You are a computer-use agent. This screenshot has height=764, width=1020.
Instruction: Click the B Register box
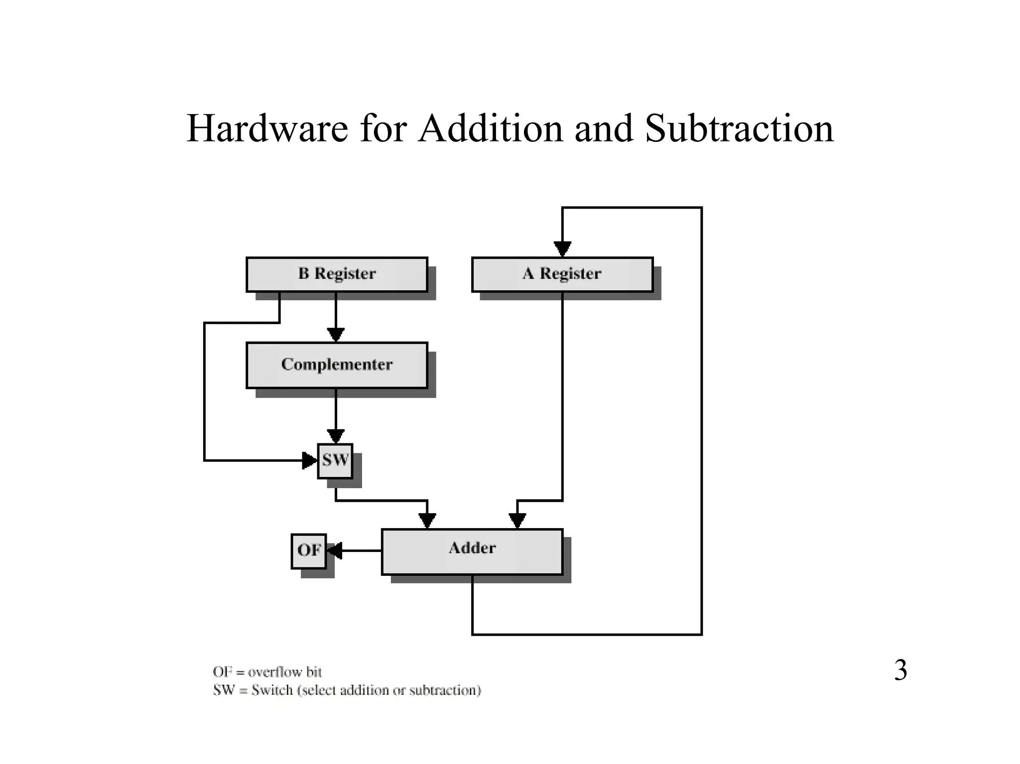[337, 274]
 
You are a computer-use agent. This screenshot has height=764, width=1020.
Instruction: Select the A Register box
[562, 274]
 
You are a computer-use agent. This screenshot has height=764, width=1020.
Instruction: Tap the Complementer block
[337, 365]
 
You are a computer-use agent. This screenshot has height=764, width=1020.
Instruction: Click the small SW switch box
[335, 460]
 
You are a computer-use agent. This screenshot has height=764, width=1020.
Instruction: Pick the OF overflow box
[309, 550]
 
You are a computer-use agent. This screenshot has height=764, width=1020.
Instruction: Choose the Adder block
[472, 551]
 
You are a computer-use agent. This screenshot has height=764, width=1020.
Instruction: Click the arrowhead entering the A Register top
[562, 249]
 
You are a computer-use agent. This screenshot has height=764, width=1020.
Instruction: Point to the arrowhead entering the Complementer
[336, 334]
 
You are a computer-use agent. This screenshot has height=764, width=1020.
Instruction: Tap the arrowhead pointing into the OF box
[334, 550]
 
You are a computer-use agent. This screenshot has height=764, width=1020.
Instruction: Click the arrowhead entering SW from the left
[310, 460]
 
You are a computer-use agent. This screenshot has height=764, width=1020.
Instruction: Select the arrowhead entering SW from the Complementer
[336, 436]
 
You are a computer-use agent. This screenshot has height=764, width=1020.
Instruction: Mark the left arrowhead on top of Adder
[427, 521]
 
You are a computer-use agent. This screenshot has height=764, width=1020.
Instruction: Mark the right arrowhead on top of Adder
[517, 521]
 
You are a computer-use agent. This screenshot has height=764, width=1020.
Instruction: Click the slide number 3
[900, 670]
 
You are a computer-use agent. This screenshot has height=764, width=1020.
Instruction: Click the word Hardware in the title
[267, 128]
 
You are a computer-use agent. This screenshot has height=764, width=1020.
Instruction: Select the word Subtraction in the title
[739, 128]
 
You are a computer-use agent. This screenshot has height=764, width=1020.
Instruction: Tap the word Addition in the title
[491, 128]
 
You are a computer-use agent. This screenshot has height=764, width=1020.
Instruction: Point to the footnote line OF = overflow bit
[267, 672]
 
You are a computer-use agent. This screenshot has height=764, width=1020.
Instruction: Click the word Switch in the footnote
[272, 690]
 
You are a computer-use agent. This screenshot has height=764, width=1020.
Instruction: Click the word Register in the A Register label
[570, 274]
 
